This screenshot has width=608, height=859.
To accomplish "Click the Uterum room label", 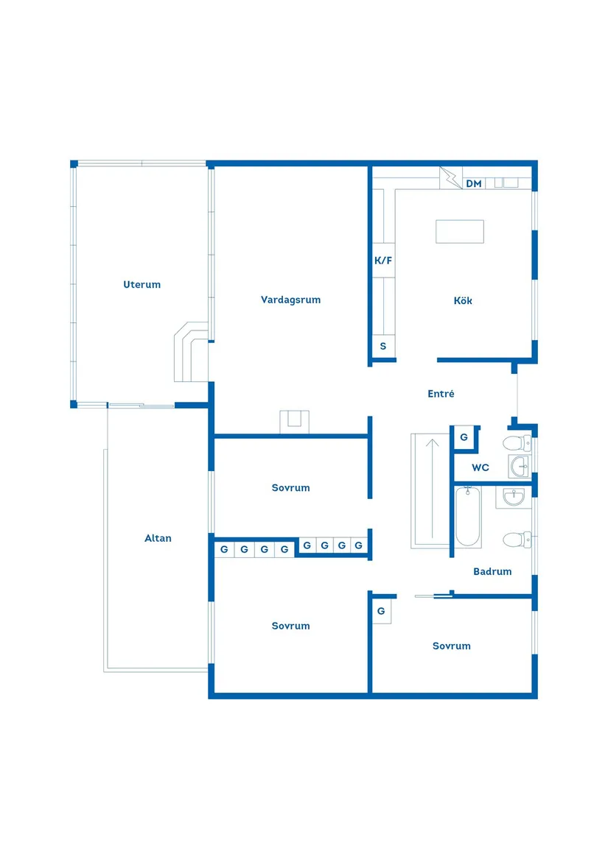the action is (x=141, y=284).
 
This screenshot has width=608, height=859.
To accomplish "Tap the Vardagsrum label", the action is (x=290, y=300).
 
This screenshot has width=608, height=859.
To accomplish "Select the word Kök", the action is (x=463, y=300).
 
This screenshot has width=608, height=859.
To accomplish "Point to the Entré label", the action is (x=441, y=393).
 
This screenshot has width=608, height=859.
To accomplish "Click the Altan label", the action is (x=158, y=538).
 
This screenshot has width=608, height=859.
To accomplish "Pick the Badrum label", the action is (x=492, y=571).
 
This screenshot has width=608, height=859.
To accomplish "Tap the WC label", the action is (x=481, y=467).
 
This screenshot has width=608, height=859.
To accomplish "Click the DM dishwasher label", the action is (x=474, y=183).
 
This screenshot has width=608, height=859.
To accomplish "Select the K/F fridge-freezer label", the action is (x=383, y=261).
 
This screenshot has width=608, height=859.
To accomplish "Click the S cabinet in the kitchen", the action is (x=383, y=346).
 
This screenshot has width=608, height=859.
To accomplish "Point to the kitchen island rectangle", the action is (x=460, y=231).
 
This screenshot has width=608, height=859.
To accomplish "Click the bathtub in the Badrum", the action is (x=467, y=517).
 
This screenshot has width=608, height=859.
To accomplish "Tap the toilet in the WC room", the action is (x=517, y=442).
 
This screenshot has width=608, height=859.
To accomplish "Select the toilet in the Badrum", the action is (x=517, y=539).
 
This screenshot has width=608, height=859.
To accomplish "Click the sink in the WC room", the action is (x=519, y=467).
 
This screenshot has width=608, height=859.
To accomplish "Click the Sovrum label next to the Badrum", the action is (x=451, y=646).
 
